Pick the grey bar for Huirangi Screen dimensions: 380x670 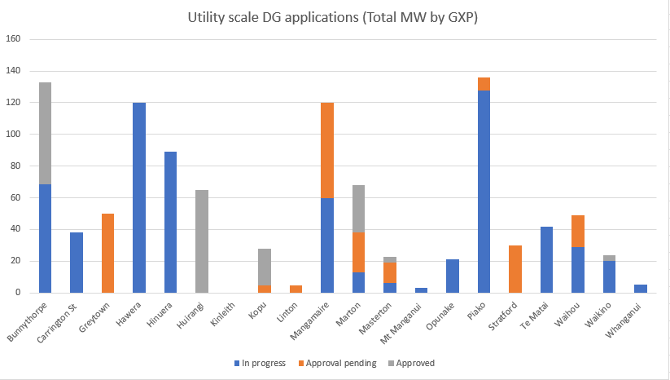[203, 241]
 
